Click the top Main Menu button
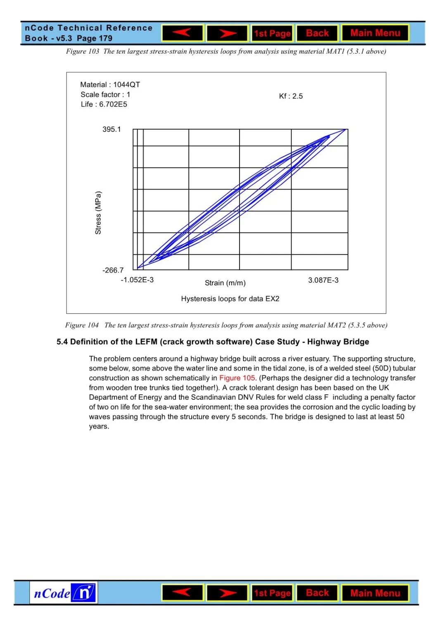[x=375, y=33]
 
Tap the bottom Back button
[x=317, y=593]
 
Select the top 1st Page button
[x=272, y=33]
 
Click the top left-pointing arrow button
[x=183, y=33]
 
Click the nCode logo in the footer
[x=64, y=593]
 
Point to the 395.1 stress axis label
[x=111, y=129]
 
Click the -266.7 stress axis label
[x=113, y=270]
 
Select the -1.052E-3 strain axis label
[x=137, y=280]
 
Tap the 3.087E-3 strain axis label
[x=323, y=280]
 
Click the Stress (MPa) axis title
[x=98, y=213]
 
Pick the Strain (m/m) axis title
[x=225, y=283]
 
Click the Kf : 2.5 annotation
[x=291, y=96]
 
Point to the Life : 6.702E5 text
[x=104, y=105]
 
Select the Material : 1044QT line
[x=110, y=85]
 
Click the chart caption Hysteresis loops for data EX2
[x=230, y=299]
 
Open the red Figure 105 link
[x=237, y=378]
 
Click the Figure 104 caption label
[x=82, y=325]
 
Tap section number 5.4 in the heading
[x=62, y=342]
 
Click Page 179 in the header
[x=95, y=38]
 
